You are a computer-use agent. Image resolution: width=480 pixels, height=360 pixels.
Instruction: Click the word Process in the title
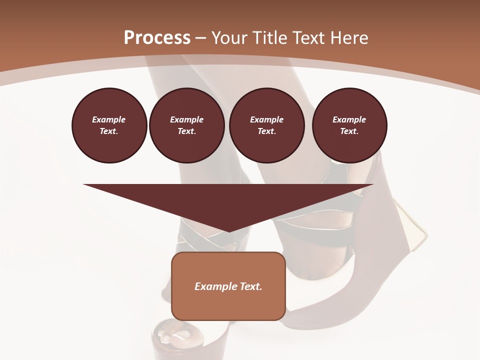(x=157, y=38)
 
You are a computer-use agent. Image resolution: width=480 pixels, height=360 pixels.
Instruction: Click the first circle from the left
(x=109, y=125)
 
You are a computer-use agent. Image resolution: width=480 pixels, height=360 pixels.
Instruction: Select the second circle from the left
(x=186, y=125)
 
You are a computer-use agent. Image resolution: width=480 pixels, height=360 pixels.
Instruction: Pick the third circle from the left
(x=266, y=125)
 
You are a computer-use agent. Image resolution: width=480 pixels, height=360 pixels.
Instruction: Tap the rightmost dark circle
(x=349, y=125)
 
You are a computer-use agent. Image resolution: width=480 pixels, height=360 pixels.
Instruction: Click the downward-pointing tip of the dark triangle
(x=229, y=230)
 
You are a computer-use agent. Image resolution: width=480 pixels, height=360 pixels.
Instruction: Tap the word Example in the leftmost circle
(x=109, y=119)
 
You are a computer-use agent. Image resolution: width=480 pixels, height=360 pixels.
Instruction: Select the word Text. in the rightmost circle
(x=349, y=131)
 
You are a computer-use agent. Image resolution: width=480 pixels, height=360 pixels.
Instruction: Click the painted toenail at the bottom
(x=165, y=338)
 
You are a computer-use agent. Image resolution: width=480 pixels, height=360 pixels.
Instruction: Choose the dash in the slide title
(x=201, y=38)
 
